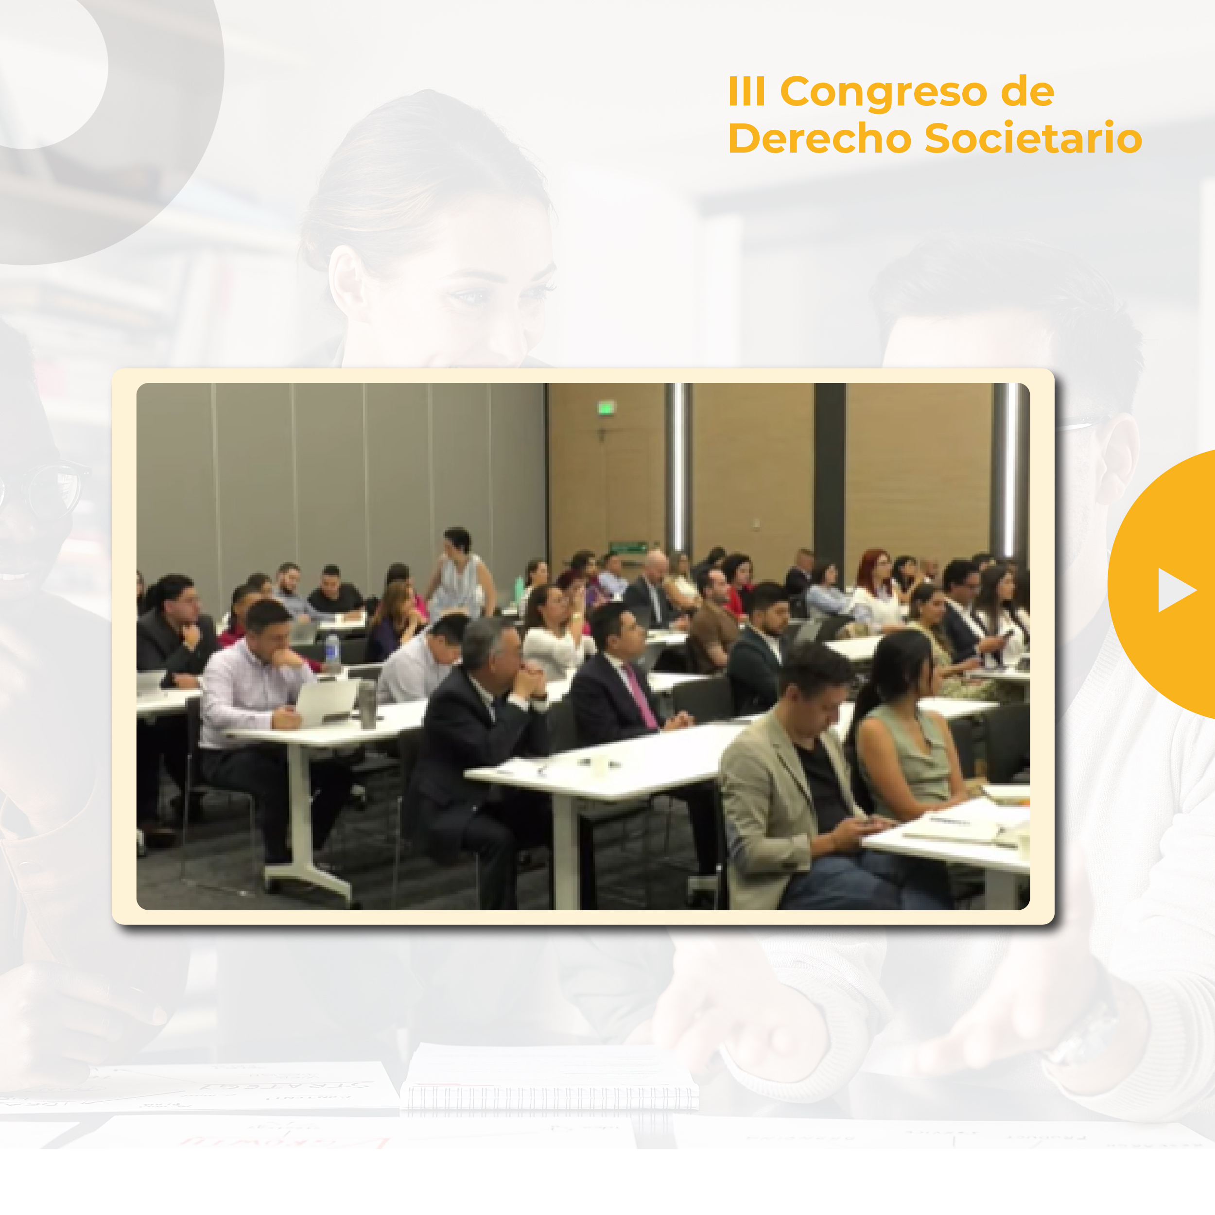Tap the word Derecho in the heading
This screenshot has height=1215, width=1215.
click(x=819, y=139)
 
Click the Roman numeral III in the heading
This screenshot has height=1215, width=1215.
click(x=746, y=91)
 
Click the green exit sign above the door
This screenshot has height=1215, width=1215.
click(x=606, y=408)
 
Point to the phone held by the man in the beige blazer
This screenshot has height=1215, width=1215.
click(x=869, y=821)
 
